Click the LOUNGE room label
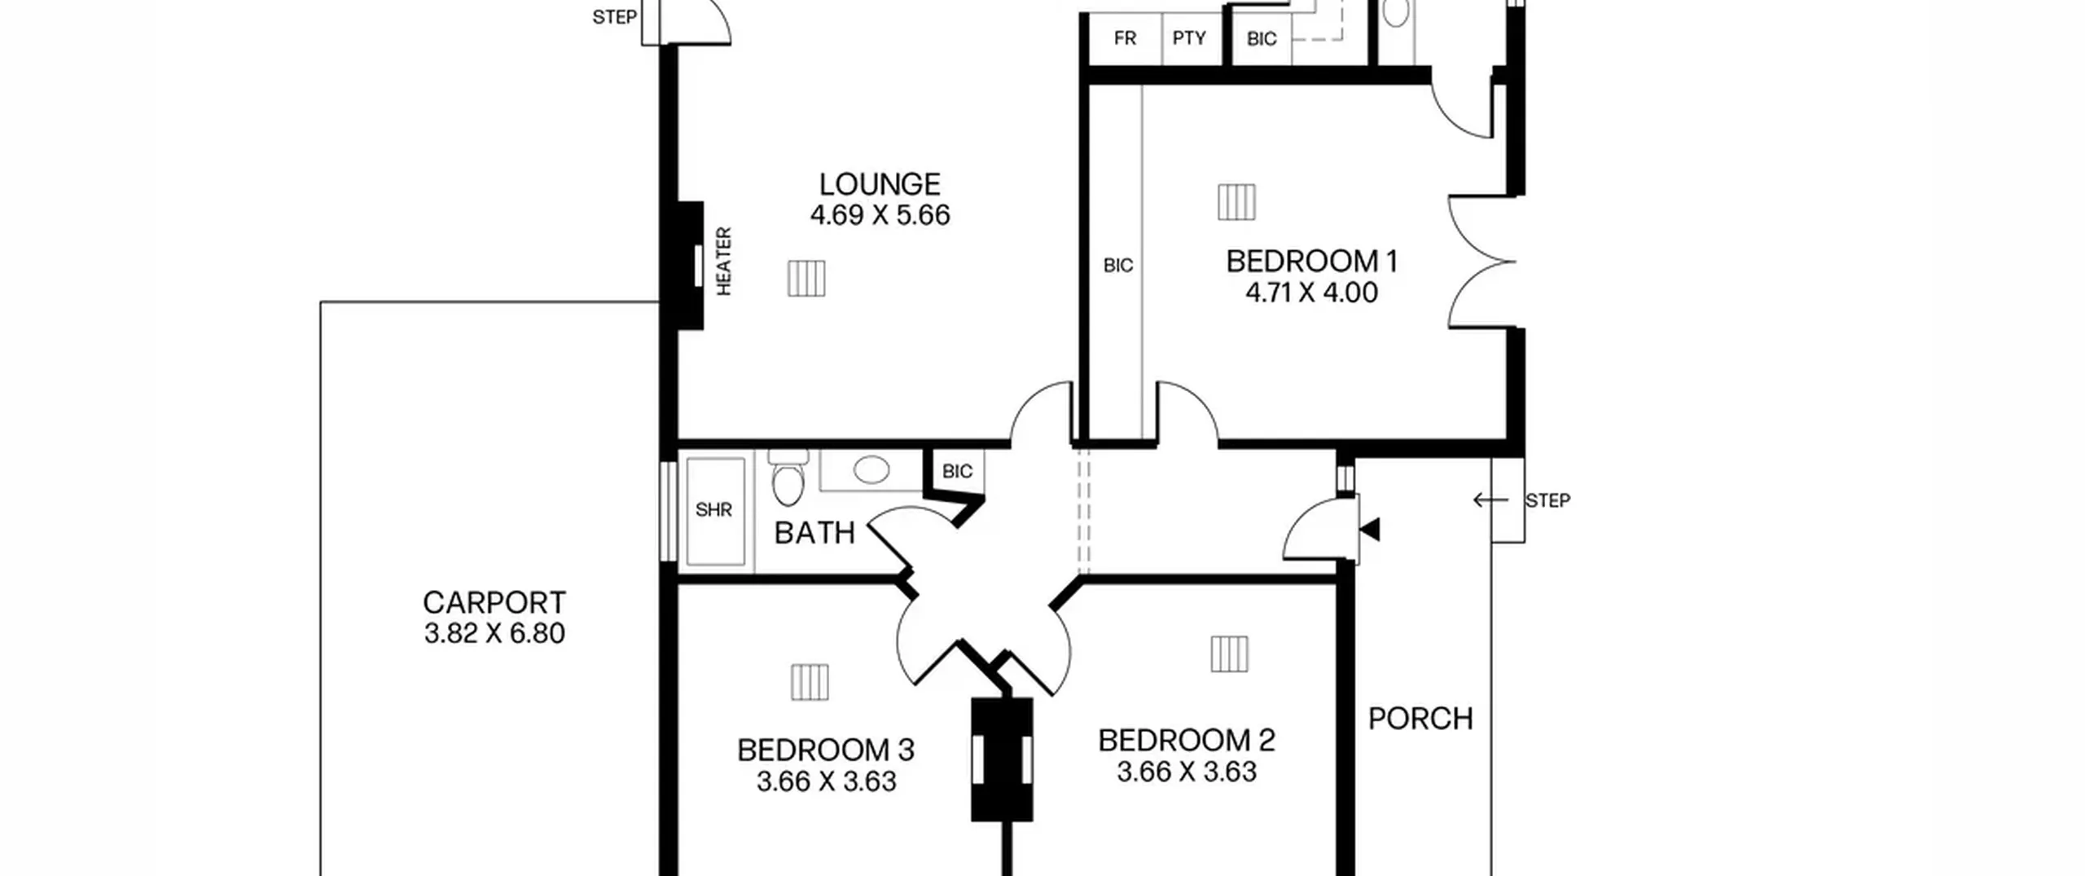[x=880, y=184]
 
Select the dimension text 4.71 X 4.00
[x=1311, y=293]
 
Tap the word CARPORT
[x=494, y=603]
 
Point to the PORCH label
[x=1420, y=719]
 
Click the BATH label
[x=814, y=533]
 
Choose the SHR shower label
[x=713, y=510]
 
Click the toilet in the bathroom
[x=788, y=477]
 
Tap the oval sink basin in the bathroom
[x=871, y=470]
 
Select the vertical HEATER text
[x=723, y=261]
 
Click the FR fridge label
[x=1125, y=38]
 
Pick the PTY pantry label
[x=1189, y=38]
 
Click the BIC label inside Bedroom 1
[x=1118, y=266]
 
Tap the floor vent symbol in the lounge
[x=806, y=279]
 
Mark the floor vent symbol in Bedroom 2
[x=1229, y=654]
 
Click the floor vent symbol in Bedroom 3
[x=810, y=682]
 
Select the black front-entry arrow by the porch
[x=1370, y=530]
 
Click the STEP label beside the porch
[x=1547, y=500]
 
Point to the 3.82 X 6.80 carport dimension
[x=494, y=634]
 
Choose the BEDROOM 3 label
[x=826, y=751]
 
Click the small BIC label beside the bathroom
[x=957, y=472]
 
